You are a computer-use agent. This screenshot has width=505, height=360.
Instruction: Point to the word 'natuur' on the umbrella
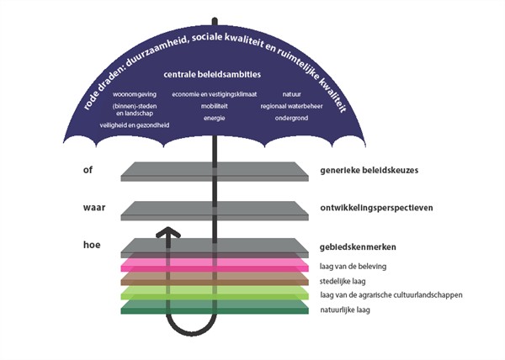[x=291, y=94]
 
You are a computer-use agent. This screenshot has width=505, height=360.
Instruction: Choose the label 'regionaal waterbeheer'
[x=291, y=107]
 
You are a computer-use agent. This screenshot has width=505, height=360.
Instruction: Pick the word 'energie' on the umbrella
[x=213, y=119]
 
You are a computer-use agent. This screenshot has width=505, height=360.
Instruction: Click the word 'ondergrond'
[x=291, y=119]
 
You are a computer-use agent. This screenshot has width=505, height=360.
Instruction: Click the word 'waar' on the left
[x=93, y=207]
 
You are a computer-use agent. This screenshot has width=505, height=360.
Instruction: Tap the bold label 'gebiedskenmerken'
[x=358, y=247]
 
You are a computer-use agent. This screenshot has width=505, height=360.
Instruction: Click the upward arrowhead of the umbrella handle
[x=170, y=232]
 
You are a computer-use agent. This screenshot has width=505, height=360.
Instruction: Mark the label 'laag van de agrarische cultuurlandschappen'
[x=391, y=295]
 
